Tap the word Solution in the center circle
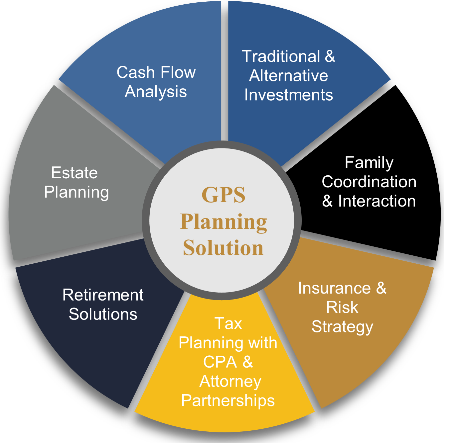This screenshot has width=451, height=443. point(223,248)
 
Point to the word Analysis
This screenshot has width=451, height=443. point(156,92)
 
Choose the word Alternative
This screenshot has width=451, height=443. point(289,76)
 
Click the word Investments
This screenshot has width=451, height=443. point(289,95)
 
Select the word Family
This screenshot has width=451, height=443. point(369,163)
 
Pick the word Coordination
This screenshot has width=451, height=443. point(369,182)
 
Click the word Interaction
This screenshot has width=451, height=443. point(377,201)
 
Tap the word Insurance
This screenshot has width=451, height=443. point(334,288)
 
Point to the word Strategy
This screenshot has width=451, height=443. point(342,327)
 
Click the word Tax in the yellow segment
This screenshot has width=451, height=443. point(228,323)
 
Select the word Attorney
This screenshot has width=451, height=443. point(230,381)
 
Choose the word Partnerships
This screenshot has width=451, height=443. point(228,400)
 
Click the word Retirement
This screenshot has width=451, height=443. point(103,295)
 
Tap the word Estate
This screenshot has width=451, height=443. point(75,173)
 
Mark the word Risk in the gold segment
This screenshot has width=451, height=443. point(342,307)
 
